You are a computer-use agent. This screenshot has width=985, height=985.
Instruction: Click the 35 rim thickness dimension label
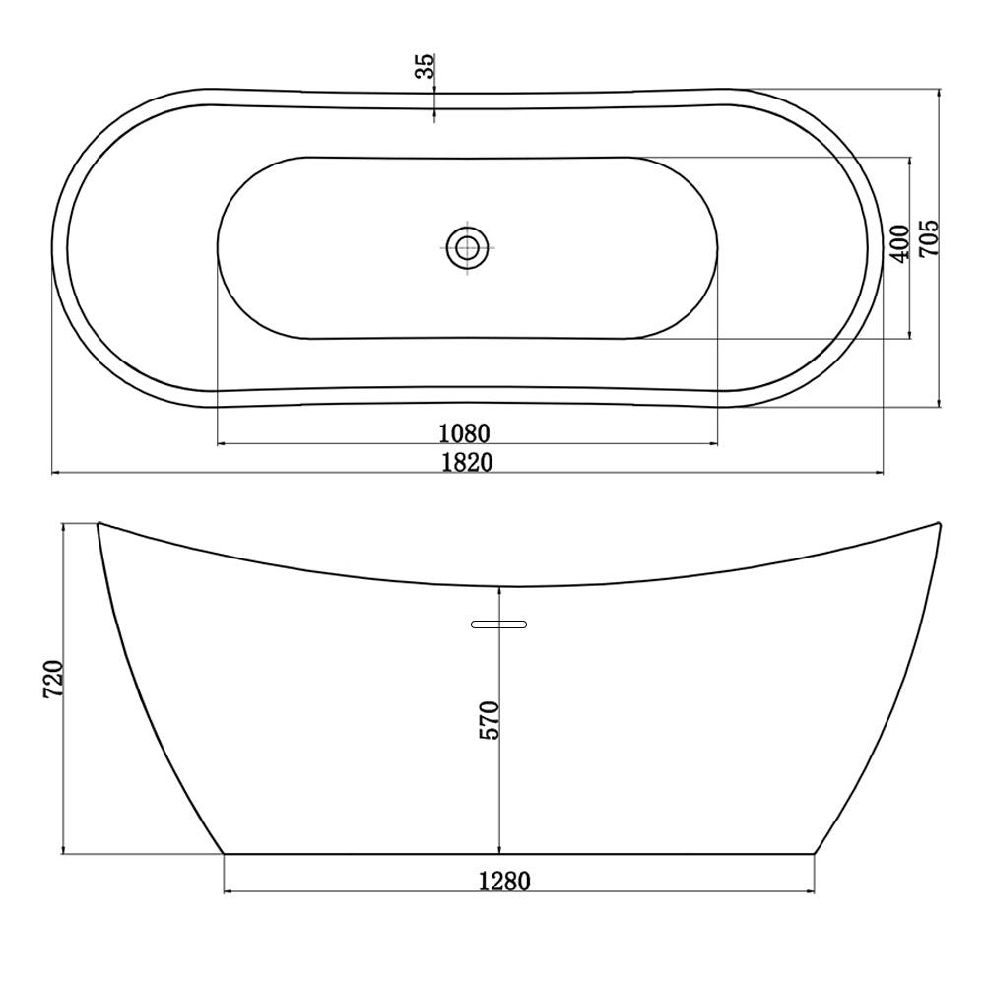pos(425,67)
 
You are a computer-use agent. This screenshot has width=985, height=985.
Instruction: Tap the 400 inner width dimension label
pos(897,243)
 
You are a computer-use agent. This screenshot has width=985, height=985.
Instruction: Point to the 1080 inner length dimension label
pos(465,431)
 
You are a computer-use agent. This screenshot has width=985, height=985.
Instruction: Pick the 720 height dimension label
pos(53,680)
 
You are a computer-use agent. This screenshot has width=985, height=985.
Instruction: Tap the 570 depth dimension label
pos(490,720)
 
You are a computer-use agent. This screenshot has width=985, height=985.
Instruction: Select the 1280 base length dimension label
pos(504,881)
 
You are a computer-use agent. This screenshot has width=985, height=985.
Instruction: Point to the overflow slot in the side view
pos(499,624)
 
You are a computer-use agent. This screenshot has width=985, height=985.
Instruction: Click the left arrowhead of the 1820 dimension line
pos(55,474)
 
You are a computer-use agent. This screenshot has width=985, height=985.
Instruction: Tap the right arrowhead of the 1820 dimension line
pos(880,474)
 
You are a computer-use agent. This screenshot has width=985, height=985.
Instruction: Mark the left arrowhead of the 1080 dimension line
pos(221,444)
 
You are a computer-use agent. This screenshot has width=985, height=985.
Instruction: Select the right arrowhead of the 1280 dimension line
pos(811,892)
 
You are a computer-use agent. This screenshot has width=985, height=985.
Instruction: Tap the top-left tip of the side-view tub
pos(98,524)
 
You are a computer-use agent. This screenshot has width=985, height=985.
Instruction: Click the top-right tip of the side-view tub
pos(939,523)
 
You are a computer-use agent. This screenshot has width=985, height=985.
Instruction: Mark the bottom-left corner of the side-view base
pos(225,853)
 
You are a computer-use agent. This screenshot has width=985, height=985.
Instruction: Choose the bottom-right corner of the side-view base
pos(815,853)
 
